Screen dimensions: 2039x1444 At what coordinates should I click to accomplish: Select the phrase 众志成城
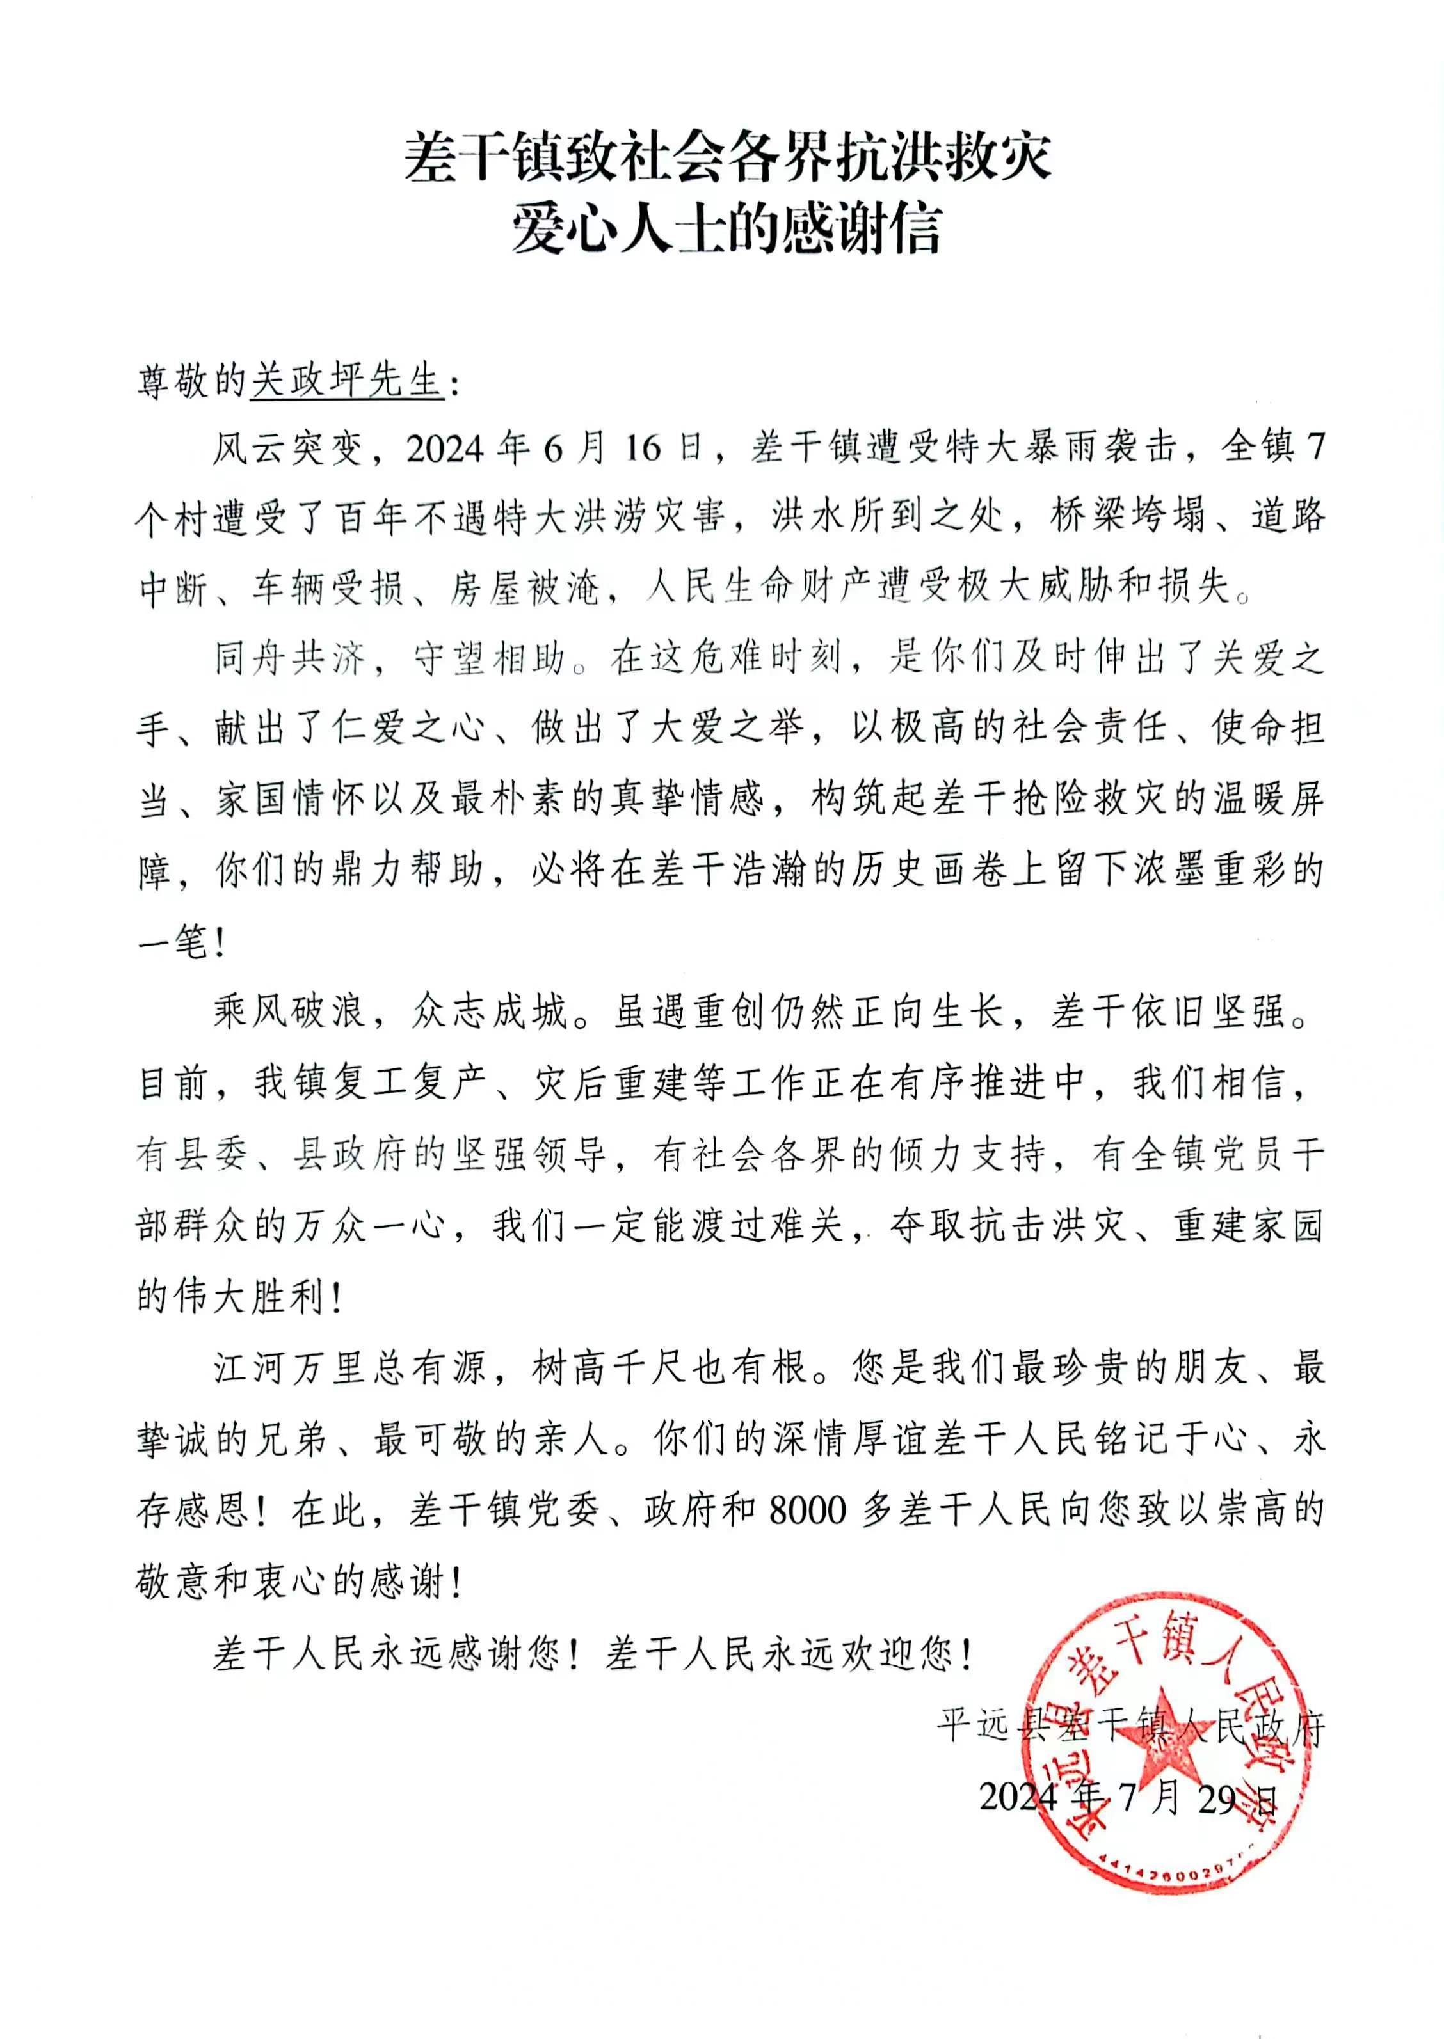point(490,1013)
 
